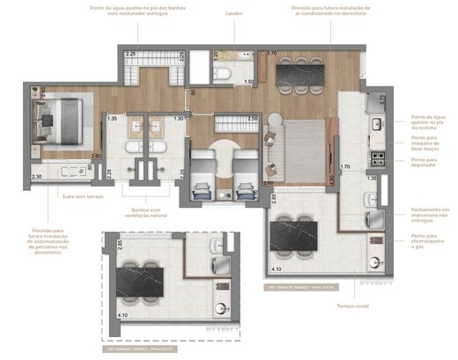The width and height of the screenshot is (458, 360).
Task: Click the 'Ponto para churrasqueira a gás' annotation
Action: [x=429, y=239]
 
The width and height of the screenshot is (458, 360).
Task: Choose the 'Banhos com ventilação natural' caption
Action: [x=145, y=213]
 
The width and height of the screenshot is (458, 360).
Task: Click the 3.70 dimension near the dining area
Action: [x=272, y=54]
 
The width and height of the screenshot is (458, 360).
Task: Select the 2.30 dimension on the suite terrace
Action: [x=36, y=177]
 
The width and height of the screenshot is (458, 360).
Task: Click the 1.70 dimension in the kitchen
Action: [x=345, y=165]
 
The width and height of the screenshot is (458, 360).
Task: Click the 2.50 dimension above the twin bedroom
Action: [x=252, y=118]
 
